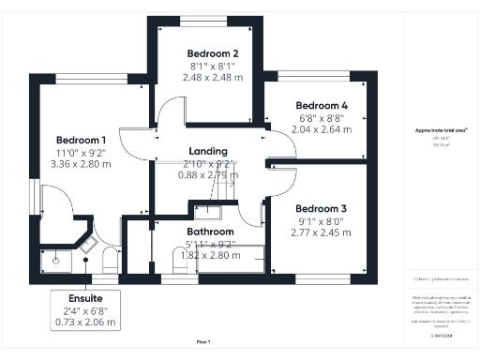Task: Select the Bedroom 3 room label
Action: [322, 208]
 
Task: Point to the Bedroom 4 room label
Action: [322, 106]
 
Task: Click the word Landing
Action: [208, 151]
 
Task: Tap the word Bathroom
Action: [210, 231]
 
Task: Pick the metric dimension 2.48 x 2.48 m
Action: [214, 78]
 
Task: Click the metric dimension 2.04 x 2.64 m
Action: [322, 131]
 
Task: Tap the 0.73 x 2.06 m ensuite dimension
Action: [85, 322]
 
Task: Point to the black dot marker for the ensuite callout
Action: [86, 263]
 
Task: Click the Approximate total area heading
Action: [441, 129]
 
